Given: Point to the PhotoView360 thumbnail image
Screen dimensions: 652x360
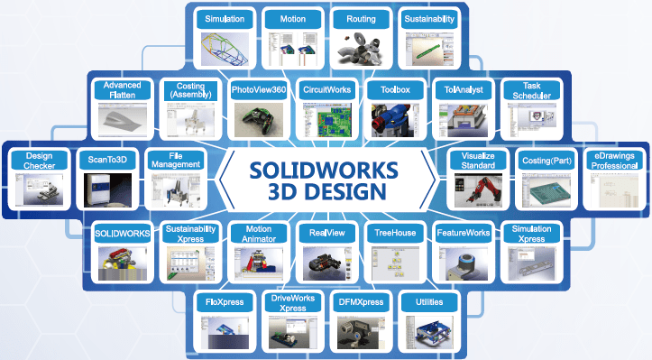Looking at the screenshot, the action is coord(259,118).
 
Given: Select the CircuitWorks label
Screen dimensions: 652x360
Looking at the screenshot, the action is coord(326,90).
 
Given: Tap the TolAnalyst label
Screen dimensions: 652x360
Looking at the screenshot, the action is coord(464,90).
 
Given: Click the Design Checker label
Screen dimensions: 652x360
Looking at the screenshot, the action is coord(39,160).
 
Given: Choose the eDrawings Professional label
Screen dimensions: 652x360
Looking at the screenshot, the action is coord(612,160).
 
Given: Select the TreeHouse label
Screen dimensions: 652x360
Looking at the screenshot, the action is coord(395,233).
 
